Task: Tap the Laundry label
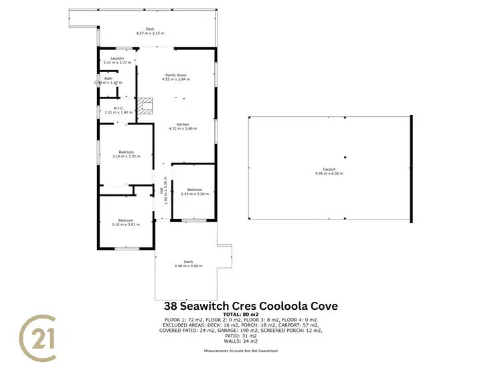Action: tap(118, 58)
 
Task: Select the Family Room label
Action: tap(176, 75)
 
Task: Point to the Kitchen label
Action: tap(183, 125)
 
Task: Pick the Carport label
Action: tap(329, 170)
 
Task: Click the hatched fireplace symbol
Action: tap(146, 106)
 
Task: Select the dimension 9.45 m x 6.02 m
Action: tap(329, 174)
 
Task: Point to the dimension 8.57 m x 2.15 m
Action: tap(150, 33)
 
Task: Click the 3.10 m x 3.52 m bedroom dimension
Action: tap(126, 156)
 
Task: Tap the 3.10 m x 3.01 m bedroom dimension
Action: tap(126, 224)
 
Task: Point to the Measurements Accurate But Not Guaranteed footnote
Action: tap(240, 350)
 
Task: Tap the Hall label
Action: tap(163, 190)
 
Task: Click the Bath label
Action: tap(108, 78)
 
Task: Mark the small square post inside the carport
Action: tap(345, 158)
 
